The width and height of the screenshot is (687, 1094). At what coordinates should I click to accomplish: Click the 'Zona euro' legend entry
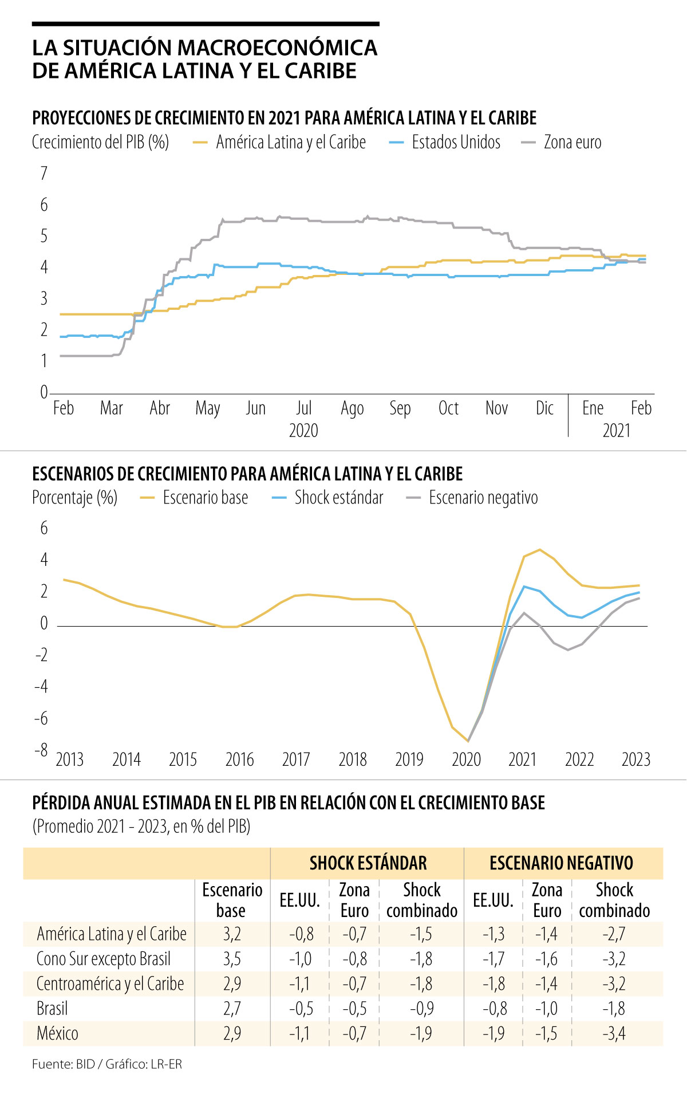pos(572,142)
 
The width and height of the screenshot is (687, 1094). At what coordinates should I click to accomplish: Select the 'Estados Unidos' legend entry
pos(456,142)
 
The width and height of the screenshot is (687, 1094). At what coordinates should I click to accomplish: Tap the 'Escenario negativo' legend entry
pos(483,498)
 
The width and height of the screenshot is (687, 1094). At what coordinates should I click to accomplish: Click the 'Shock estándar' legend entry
pos(338,498)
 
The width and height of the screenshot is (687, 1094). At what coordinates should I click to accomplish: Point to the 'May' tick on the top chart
pos(207,408)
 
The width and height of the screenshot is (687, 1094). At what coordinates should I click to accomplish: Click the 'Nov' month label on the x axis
pos(496,408)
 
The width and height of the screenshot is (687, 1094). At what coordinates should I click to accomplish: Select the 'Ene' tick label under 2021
pos(593,408)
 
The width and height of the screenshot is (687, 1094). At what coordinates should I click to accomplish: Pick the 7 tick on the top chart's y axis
pos(44,173)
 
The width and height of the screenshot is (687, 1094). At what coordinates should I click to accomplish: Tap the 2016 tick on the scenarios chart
pos(239,759)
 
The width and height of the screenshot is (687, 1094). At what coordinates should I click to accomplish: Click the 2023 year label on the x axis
pos(636,759)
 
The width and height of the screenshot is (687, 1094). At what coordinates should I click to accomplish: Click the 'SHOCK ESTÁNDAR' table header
pos(368,863)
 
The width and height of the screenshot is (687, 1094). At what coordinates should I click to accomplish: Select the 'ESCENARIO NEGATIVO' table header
pos(561,863)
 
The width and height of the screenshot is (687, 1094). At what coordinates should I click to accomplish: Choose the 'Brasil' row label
pos(52,1008)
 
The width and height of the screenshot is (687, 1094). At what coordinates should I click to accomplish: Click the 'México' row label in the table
pos(57,1033)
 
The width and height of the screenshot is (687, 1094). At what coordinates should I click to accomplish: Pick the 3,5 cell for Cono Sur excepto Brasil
pos(232,959)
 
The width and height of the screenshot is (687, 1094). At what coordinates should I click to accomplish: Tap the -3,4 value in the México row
pos(614,1033)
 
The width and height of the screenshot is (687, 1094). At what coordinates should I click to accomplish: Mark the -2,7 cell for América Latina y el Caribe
pos(614,934)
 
